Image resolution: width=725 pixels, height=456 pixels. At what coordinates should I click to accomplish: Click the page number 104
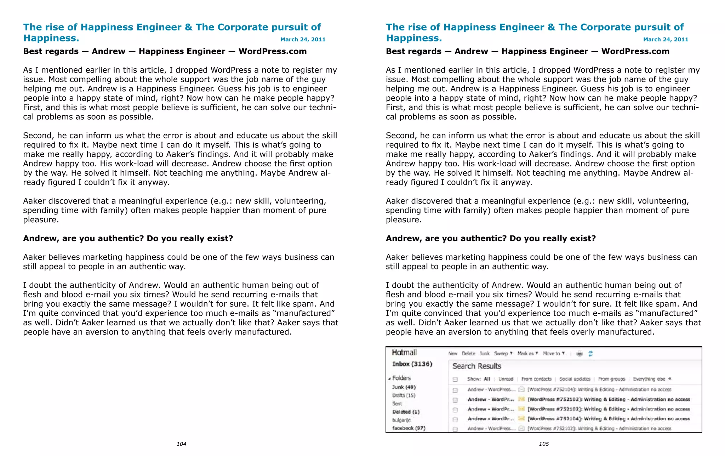[181, 444]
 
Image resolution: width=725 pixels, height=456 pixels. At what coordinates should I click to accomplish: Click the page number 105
[544, 444]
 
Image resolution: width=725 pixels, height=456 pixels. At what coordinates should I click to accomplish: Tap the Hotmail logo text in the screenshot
[404, 352]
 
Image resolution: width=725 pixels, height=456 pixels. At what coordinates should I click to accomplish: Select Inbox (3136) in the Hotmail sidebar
[412, 364]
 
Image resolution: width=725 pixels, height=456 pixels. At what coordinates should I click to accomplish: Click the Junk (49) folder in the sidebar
[404, 387]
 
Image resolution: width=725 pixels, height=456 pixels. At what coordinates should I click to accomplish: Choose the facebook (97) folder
[409, 428]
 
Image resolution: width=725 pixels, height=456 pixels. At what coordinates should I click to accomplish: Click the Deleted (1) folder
[406, 412]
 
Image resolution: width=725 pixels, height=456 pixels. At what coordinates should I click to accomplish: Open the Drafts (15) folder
[404, 395]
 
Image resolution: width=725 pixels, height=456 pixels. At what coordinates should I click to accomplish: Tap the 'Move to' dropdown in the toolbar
[553, 353]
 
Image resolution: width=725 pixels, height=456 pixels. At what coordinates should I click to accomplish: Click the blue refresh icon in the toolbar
[590, 353]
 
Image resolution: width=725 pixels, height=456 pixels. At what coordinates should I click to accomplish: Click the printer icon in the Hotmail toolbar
[580, 353]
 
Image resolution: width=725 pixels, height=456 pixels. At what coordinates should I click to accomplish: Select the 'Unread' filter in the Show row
[506, 379]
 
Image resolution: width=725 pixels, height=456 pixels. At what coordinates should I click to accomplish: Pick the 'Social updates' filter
[575, 379]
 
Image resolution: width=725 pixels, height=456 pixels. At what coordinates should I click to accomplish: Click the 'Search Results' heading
[476, 366]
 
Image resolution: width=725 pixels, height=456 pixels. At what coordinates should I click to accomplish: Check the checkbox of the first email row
[455, 390]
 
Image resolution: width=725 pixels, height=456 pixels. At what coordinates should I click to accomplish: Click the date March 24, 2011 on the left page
[303, 39]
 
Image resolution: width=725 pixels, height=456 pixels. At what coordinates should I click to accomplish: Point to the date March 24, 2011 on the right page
[666, 39]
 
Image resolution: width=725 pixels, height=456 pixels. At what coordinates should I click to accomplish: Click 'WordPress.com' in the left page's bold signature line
[273, 51]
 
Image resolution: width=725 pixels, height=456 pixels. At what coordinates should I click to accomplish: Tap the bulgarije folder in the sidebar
[401, 420]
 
